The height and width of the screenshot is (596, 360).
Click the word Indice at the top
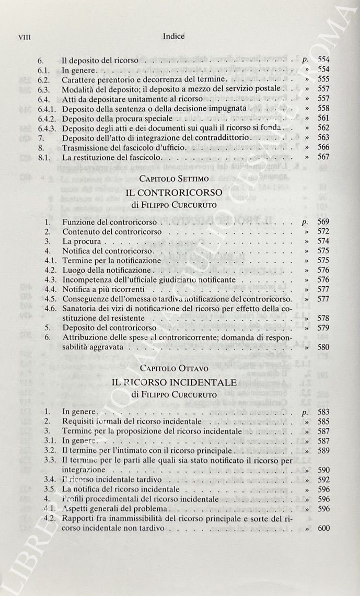[x=174, y=37]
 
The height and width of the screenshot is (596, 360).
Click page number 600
[x=323, y=528]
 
